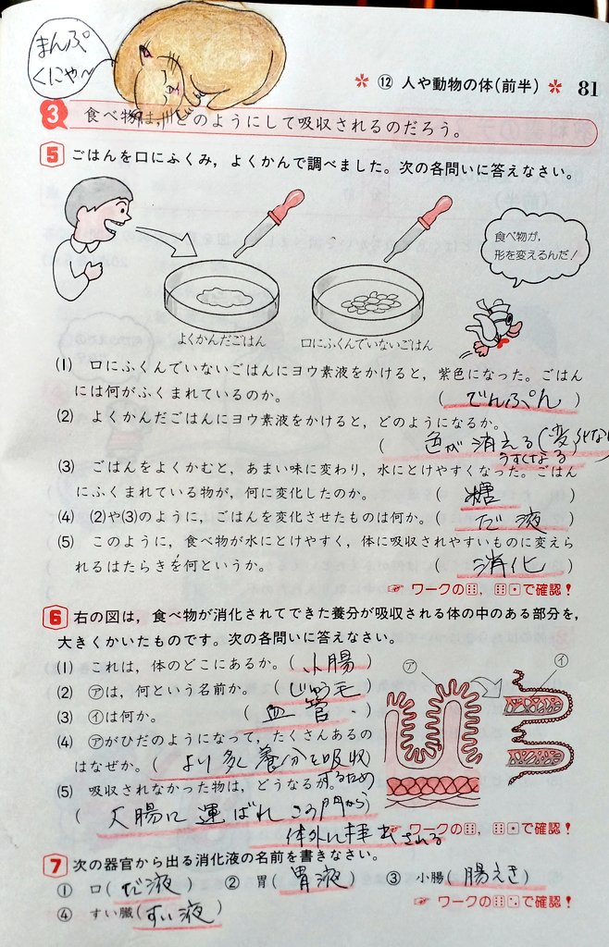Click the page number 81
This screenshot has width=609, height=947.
587,89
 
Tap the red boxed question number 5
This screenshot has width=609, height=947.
53,154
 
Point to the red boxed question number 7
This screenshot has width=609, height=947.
54,866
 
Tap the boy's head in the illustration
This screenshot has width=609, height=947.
98,204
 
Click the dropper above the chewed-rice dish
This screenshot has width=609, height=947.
267,223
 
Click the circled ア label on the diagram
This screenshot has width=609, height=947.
411,664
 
